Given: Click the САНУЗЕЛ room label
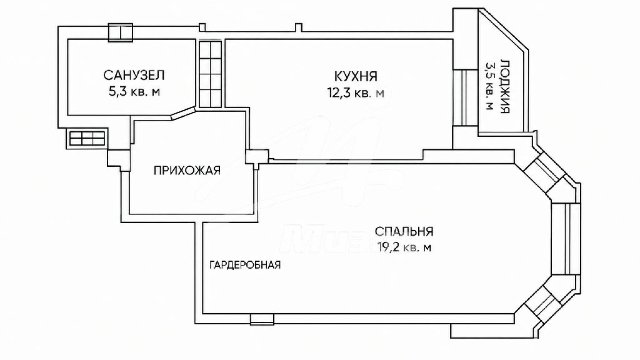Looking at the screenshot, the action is coord(134,76).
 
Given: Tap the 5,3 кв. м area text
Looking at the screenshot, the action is coord(134,91).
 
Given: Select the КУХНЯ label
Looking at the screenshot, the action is coord(356,76).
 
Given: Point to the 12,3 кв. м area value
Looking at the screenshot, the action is coord(356,92).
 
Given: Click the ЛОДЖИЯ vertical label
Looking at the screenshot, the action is coord(504,86).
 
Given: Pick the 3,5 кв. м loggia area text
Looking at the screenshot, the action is coord(489,86).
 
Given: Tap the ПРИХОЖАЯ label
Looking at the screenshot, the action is coord(187,170).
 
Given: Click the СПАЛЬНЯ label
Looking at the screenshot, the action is coord(404,231).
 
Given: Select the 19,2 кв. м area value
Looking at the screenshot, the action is coord(404,247).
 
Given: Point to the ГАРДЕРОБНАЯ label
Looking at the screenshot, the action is coord(245,265).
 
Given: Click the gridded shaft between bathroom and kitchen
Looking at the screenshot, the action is coord(210,74).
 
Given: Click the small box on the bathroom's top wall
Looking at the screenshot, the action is coord(121,32).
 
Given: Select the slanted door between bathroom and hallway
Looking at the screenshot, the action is coord(182,113).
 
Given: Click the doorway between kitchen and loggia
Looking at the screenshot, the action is coord(465,97).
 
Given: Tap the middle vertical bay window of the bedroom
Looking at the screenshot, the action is coord(565,238).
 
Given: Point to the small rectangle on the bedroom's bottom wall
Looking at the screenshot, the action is coord(262,319).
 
